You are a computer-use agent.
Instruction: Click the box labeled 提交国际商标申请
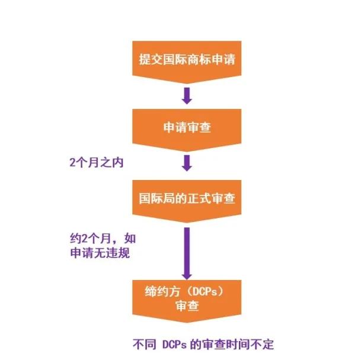tap(187, 62)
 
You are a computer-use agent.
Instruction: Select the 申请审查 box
tap(187, 130)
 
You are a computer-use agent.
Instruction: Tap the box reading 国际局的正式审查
tap(187, 201)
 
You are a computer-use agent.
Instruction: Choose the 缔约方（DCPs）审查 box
tap(187, 301)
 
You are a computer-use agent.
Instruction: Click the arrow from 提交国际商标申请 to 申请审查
tap(187, 96)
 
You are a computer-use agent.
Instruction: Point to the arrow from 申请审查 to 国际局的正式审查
tap(187, 163)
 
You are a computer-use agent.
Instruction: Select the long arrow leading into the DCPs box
tap(187, 253)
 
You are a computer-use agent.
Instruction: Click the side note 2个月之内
tap(97, 163)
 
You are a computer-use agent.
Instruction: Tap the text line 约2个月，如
tap(103, 239)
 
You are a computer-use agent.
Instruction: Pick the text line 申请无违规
tap(100, 253)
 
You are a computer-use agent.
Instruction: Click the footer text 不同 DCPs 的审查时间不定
tap(203, 345)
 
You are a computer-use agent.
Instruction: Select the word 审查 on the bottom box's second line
tap(187, 306)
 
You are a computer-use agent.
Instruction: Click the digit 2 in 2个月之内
tap(72, 163)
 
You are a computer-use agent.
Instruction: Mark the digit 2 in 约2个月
tap(85, 239)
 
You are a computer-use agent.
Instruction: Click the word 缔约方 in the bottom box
tap(162, 291)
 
